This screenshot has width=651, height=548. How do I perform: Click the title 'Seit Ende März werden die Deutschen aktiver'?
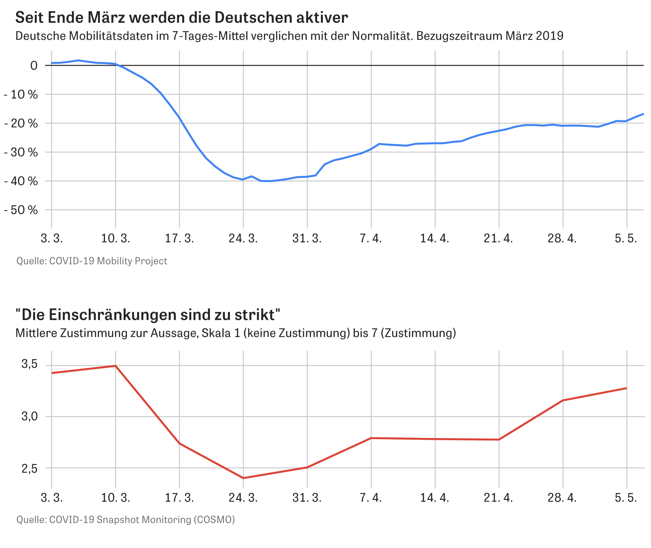click(181, 18)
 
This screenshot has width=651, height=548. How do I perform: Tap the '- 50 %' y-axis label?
click(21, 210)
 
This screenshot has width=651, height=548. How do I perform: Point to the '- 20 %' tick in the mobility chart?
click(21, 124)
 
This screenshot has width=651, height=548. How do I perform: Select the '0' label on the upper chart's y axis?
click(34, 66)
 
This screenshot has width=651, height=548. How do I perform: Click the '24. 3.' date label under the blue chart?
click(243, 238)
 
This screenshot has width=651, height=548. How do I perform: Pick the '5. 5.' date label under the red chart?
click(626, 498)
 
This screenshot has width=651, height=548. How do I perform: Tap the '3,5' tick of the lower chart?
click(30, 364)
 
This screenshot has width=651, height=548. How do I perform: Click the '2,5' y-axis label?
click(30, 469)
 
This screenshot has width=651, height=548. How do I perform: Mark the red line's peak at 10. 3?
click(116, 366)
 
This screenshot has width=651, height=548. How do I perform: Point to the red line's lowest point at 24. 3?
click(243, 478)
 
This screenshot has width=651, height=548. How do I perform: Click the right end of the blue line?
click(643, 114)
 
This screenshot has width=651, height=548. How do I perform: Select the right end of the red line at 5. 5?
click(627, 388)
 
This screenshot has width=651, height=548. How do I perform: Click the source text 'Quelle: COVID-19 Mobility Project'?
click(92, 261)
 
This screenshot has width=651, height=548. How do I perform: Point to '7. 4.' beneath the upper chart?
click(371, 238)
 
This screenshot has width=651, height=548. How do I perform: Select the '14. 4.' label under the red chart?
click(434, 498)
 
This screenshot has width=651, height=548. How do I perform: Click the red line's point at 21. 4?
click(499, 440)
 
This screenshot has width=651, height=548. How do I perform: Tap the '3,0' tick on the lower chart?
click(30, 417)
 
